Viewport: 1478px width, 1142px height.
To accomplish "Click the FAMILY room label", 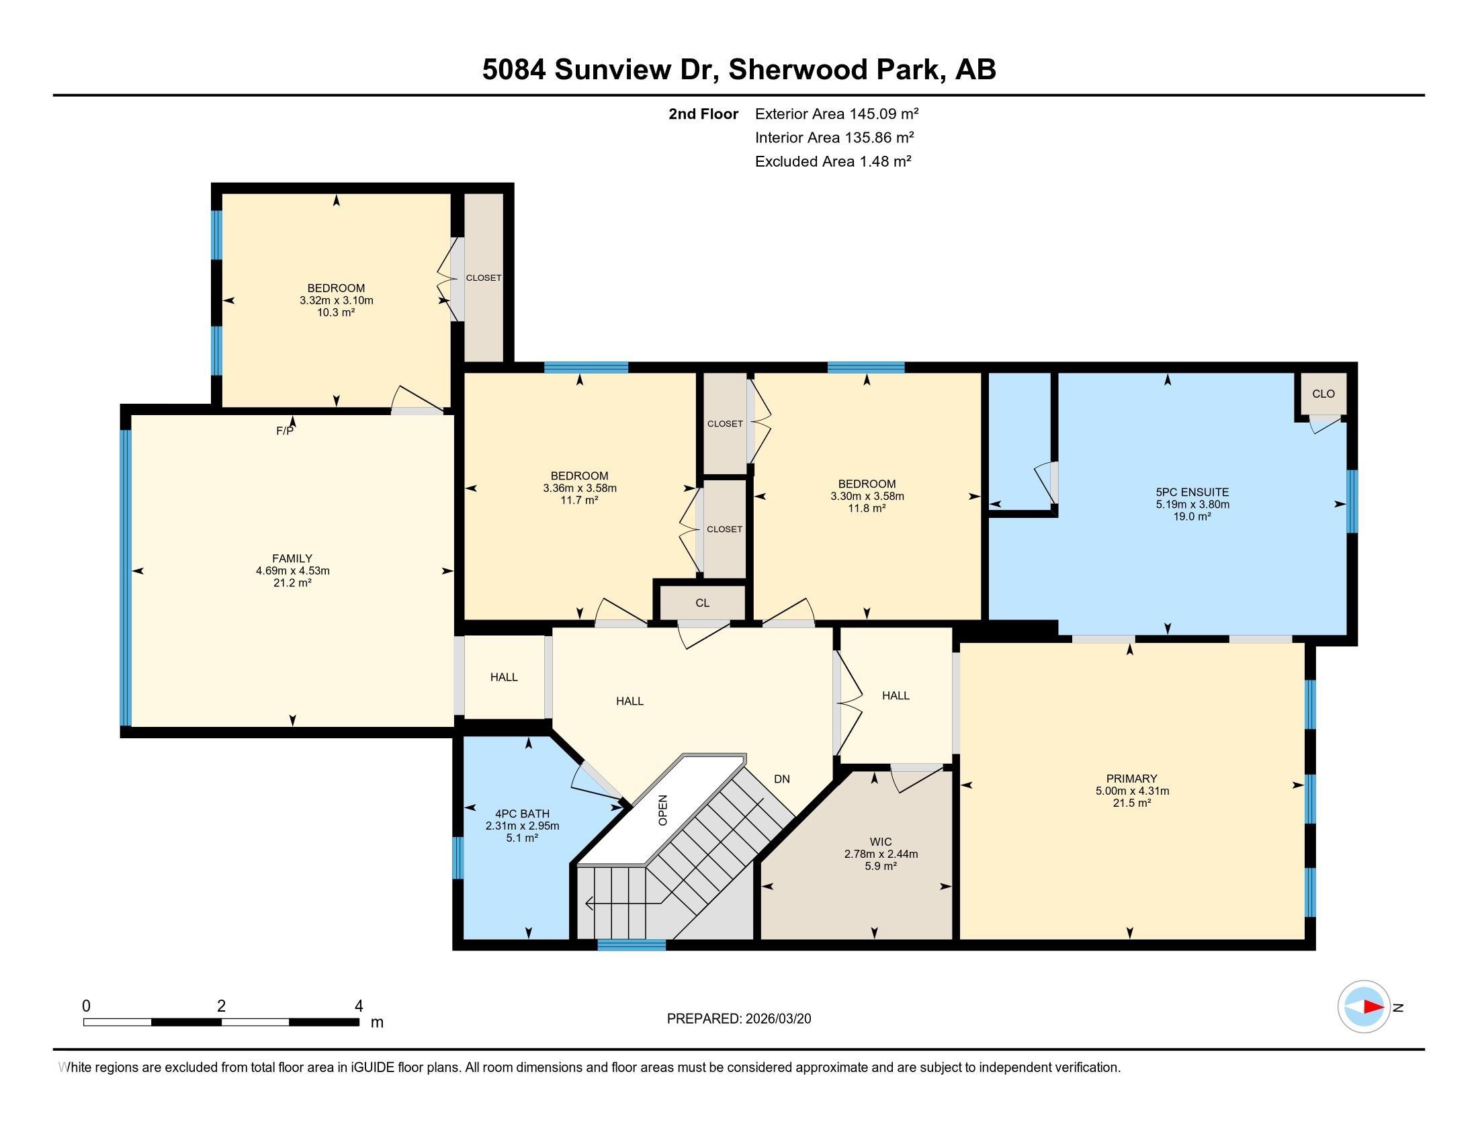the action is coord(292,558).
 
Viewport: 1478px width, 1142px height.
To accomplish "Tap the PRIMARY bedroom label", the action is coord(1131,779).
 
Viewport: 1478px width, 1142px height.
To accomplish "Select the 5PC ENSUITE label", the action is coord(1192,492).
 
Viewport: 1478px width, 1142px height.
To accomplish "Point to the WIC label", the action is coord(881,842).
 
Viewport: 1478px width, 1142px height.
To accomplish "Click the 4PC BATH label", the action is coord(522,814).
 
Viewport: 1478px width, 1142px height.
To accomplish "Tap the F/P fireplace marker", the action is coord(285,431).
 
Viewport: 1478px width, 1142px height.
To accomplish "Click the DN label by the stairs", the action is coord(781,779).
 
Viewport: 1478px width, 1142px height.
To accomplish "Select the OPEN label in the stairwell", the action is coord(663,810).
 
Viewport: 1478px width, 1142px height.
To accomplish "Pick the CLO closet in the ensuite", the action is coord(1323,394).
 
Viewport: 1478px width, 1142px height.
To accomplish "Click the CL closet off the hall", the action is coord(703,603).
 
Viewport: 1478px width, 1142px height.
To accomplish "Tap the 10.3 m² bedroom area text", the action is coord(337,312).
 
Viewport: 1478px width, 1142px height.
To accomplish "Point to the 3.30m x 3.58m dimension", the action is coord(867,496).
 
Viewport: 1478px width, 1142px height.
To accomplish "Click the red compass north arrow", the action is coord(1373,1007).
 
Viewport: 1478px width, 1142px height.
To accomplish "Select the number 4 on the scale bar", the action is coord(359,1006).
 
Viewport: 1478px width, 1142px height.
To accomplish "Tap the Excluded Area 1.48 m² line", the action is coord(833,161).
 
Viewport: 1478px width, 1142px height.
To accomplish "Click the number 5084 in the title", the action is coord(514,70).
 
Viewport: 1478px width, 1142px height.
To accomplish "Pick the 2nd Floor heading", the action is coord(703,114).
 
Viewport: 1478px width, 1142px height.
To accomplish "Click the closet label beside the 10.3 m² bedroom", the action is coord(484,278).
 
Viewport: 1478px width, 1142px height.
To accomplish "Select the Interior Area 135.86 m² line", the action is coord(834,137).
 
